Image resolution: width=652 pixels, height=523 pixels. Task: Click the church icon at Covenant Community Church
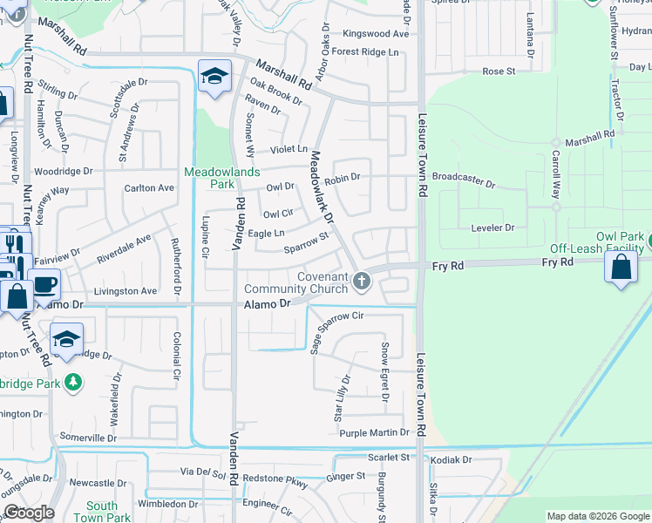pyautogui.click(x=362, y=281)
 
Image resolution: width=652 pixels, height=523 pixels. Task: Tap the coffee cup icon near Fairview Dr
pyautogui.click(x=44, y=283)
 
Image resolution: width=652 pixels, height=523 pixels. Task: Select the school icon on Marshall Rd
pyautogui.click(x=214, y=77)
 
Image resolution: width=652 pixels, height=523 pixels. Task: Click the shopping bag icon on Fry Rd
pyautogui.click(x=620, y=268)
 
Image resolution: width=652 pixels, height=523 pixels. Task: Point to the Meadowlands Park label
pyautogui.click(x=221, y=178)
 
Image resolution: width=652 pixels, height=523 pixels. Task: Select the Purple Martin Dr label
pyautogui.click(x=374, y=432)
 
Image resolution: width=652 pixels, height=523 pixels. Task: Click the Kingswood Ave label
pyautogui.click(x=376, y=34)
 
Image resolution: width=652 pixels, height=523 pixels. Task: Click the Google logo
pyautogui.click(x=30, y=513)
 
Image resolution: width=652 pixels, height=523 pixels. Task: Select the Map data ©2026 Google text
pyautogui.click(x=598, y=516)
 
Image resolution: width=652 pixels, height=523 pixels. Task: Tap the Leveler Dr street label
pyautogui.click(x=492, y=228)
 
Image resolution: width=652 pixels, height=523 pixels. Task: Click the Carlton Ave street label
pyautogui.click(x=149, y=187)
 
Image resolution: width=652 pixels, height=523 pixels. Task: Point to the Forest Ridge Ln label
pyautogui.click(x=370, y=52)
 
